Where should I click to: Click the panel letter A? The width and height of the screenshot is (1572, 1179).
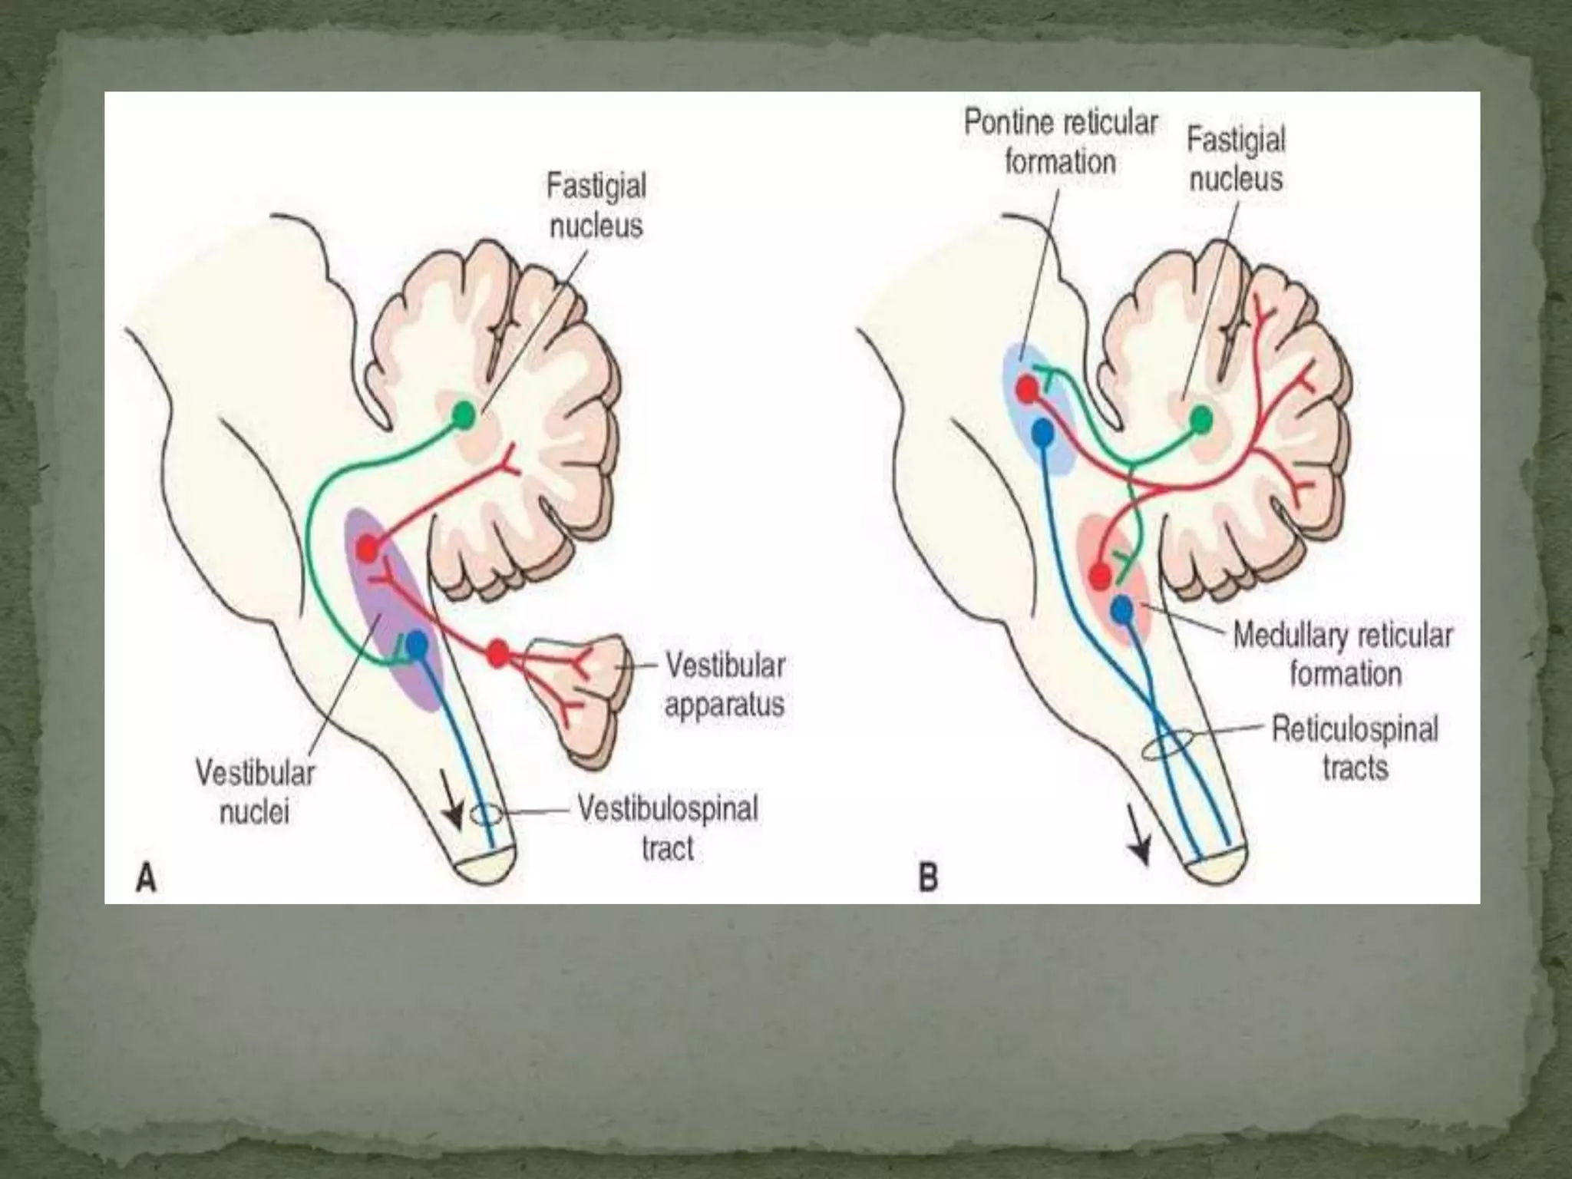(x=146, y=878)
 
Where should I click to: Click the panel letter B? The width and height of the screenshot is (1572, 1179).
(x=928, y=877)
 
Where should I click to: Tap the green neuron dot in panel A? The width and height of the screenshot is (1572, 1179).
(x=464, y=415)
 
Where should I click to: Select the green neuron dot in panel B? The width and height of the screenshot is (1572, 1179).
(x=1201, y=420)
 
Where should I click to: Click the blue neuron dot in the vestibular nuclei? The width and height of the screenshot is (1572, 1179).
(x=417, y=644)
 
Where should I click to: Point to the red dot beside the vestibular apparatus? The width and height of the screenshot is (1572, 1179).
(x=497, y=654)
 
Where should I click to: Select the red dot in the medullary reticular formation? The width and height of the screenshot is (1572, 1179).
(x=1100, y=576)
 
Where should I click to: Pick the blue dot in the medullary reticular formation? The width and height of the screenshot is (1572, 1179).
(x=1121, y=609)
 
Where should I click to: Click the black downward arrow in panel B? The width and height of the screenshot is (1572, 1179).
(x=1140, y=849)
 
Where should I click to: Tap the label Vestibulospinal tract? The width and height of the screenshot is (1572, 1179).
(x=668, y=828)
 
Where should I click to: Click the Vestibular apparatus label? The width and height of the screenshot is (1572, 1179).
(x=725, y=685)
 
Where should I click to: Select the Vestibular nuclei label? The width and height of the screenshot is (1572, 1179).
(x=255, y=792)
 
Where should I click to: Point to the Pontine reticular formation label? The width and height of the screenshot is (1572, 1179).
(x=1060, y=143)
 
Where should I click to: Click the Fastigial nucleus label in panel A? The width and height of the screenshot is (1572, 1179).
(x=596, y=206)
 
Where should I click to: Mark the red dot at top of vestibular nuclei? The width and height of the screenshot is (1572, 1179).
(x=368, y=548)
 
